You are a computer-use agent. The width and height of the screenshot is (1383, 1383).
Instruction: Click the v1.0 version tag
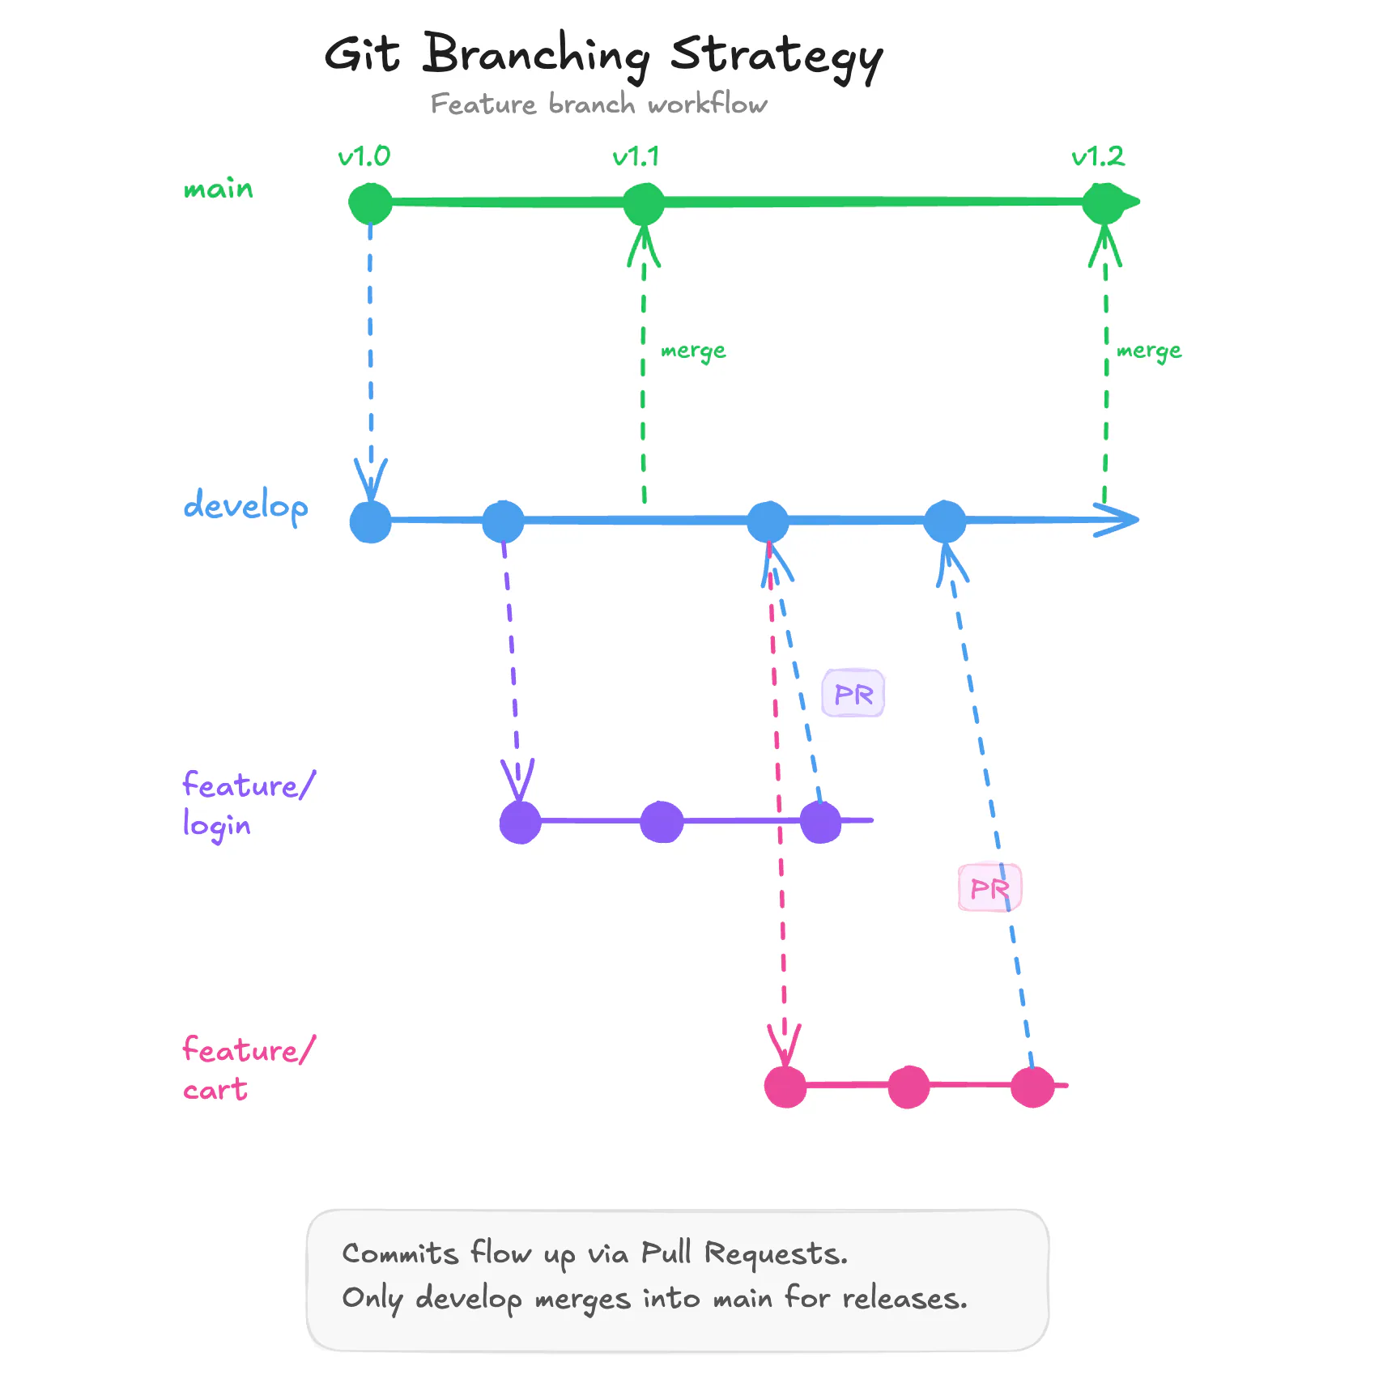364,155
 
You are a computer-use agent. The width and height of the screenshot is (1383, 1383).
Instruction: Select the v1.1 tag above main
636,155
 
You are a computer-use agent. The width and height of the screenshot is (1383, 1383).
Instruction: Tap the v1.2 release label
1098,155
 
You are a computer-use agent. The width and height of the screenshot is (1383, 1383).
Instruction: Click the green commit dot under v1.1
644,203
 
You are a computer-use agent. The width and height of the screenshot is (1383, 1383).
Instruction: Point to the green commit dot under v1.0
370,203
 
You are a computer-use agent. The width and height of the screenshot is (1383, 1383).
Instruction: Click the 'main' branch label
218,189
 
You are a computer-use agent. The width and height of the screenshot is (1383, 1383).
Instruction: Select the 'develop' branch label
245,505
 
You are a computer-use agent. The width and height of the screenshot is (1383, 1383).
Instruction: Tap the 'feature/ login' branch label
246,805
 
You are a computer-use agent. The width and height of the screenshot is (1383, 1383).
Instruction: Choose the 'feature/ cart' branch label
246,1069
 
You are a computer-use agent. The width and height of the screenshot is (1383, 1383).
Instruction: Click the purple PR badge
853,694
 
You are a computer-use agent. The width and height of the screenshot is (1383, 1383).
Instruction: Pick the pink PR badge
989,888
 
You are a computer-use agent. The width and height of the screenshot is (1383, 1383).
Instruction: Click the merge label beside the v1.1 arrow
693,351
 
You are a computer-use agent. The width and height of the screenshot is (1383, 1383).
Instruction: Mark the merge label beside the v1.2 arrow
1148,351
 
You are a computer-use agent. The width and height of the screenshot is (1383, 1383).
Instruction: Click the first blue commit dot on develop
370,521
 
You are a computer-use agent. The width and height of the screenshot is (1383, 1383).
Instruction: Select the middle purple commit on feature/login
662,822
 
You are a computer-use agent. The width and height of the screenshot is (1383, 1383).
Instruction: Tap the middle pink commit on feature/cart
909,1087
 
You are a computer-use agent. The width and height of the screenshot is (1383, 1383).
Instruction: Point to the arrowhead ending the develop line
1121,519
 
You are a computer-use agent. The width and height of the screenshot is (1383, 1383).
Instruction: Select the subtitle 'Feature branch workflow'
598,104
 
